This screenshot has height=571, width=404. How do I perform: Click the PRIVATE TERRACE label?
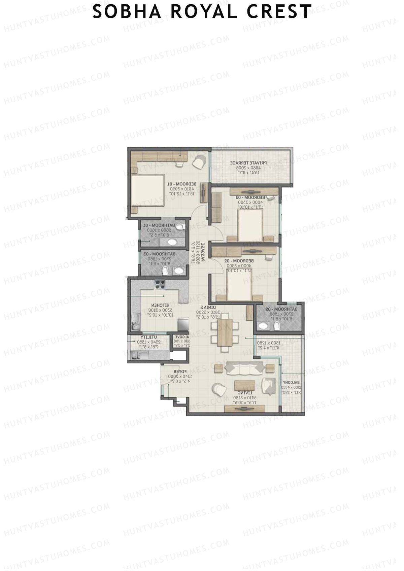click(248, 163)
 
